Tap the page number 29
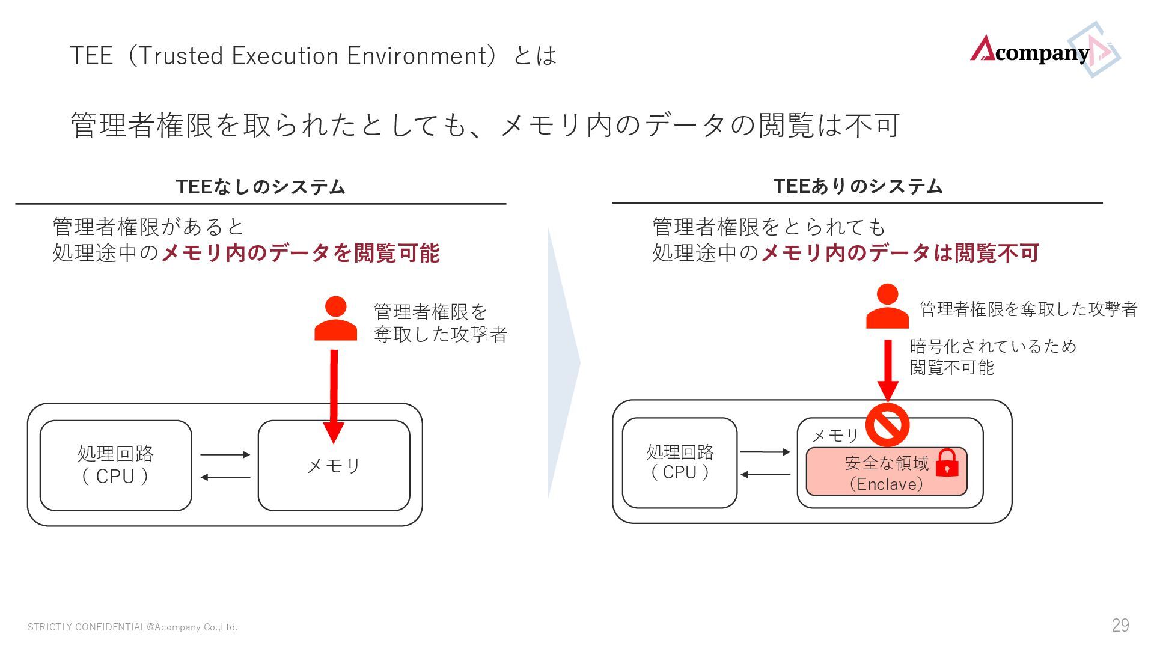tap(1120, 626)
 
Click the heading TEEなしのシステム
tap(260, 187)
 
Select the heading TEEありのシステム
tap(858, 186)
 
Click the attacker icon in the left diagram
tap(335, 319)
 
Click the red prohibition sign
tap(888, 425)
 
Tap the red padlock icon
tap(947, 463)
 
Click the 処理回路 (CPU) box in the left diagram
tap(115, 465)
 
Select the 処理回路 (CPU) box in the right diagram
tap(680, 463)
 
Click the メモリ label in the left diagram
tap(334, 465)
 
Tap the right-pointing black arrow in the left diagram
tap(225, 454)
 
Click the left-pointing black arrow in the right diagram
tap(765, 475)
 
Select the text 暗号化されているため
tap(993, 346)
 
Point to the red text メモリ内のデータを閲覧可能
tap(301, 253)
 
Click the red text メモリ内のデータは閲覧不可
tap(900, 253)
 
